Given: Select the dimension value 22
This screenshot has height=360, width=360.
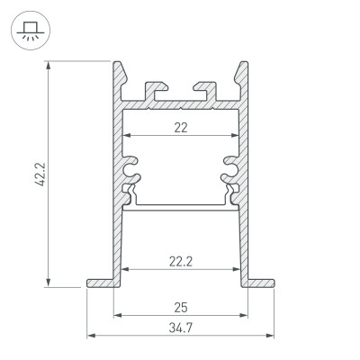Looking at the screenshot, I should pos(181,128).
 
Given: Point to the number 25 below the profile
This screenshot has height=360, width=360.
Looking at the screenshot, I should pos(181,308).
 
